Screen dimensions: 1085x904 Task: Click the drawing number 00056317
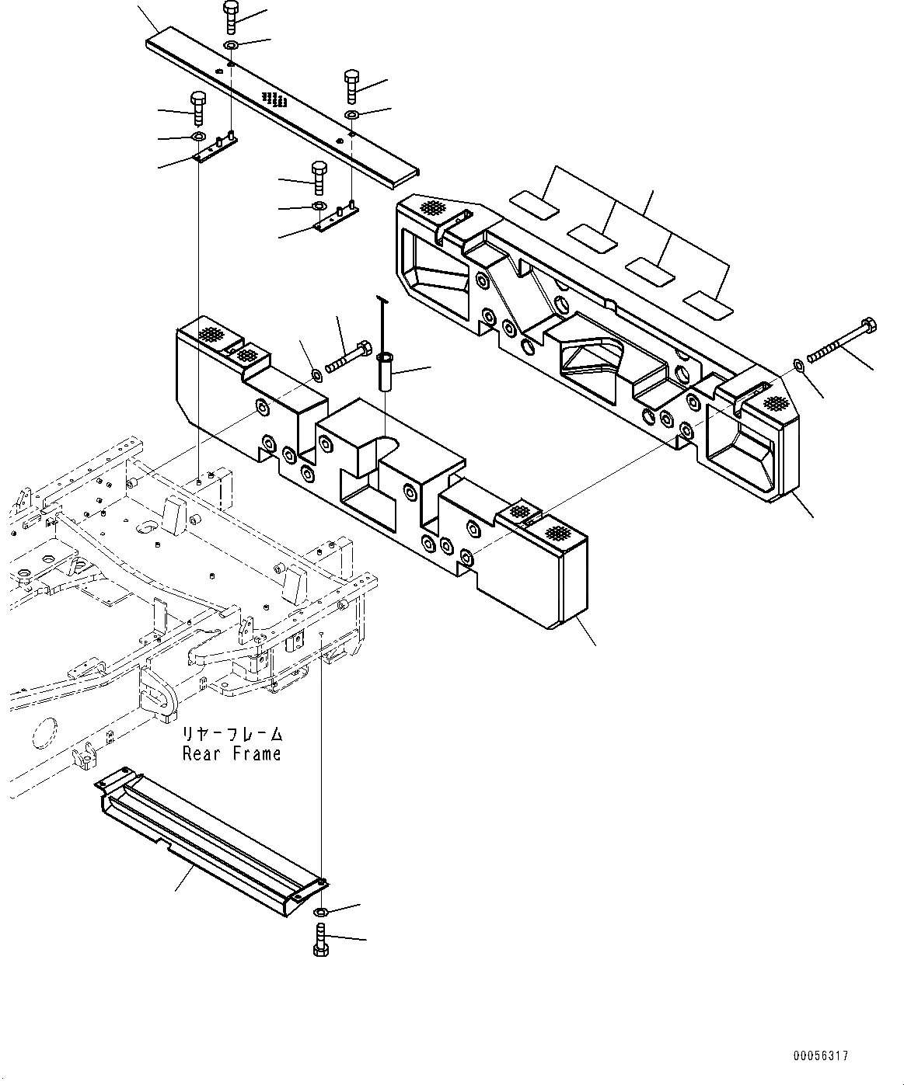coord(820,1055)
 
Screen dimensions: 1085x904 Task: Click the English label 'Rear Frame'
coord(232,753)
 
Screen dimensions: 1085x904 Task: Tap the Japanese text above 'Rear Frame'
coord(232,734)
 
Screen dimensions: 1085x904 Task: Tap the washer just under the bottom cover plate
coord(321,910)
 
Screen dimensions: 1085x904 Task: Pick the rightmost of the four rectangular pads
coord(708,304)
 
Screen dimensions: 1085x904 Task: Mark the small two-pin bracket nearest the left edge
coord(215,149)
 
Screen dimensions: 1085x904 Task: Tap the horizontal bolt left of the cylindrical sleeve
coord(348,358)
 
